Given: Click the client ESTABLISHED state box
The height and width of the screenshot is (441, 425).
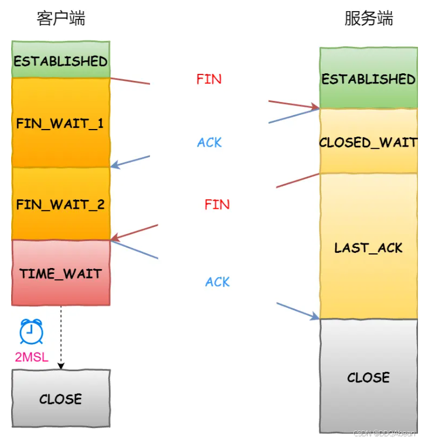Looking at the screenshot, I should tap(60, 60).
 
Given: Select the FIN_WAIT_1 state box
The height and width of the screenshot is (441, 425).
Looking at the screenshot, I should tap(60, 123).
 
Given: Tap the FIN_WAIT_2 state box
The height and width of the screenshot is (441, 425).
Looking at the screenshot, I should tap(60, 204).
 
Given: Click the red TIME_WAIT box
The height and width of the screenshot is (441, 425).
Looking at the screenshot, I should tap(60, 273).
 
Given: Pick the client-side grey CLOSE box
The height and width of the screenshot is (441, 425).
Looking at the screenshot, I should tap(60, 399).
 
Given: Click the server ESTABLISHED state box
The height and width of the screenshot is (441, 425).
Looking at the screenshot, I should tap(368, 79).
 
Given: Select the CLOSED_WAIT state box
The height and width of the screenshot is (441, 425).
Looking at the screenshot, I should tap(368, 141).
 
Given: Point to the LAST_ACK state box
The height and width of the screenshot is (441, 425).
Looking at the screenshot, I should tap(368, 247).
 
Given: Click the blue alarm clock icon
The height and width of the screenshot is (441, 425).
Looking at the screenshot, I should tap(30, 331).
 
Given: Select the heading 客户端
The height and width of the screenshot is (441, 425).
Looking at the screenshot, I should tap(61, 19).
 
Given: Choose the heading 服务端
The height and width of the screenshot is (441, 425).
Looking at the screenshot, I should tap(368, 19).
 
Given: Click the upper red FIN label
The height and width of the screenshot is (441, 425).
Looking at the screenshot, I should tap(209, 79).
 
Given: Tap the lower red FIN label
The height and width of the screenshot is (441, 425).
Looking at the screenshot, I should tap(217, 205).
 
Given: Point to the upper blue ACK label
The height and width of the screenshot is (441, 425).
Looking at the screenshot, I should tap(209, 143).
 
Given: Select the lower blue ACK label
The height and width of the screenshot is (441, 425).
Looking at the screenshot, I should tap(217, 282).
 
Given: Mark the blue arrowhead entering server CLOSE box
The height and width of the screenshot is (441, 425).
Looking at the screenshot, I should tap(315, 317).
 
